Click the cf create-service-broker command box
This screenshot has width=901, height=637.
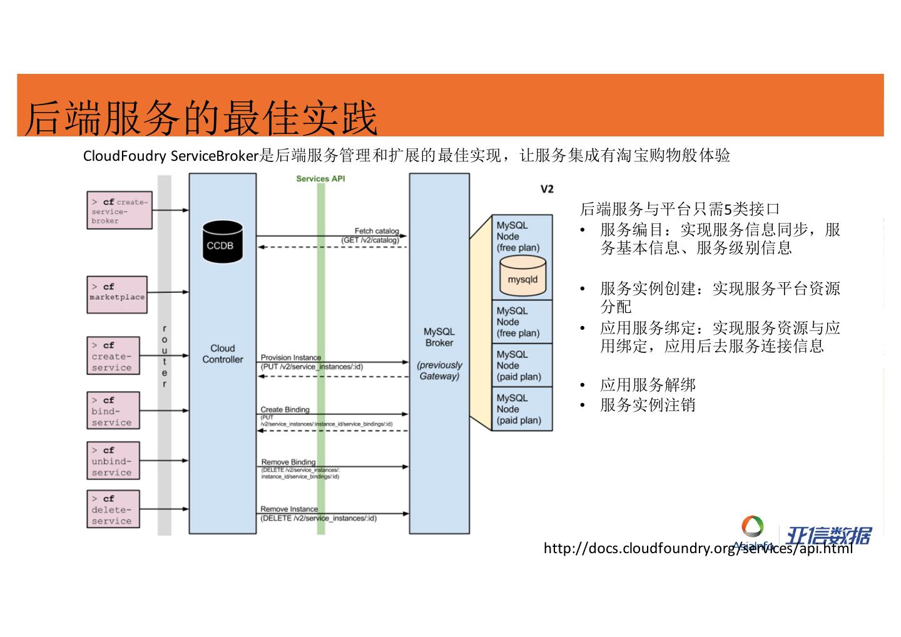119,210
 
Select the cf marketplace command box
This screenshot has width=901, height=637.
117,294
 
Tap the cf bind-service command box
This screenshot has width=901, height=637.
113,410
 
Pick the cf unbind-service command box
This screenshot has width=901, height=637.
113,461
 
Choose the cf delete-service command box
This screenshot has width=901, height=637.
113,509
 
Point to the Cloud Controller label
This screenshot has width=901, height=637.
223,354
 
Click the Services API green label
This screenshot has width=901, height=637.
320,179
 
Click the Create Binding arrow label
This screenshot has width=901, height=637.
285,410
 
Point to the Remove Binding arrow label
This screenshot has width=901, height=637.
288,462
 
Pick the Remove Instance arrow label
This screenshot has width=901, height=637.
289,509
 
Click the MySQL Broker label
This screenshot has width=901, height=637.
439,337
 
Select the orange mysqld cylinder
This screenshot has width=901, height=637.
522,278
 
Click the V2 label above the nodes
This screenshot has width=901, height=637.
547,189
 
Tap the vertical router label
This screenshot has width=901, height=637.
165,356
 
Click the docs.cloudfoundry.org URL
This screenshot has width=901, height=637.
698,549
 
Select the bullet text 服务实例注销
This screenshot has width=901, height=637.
648,405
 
